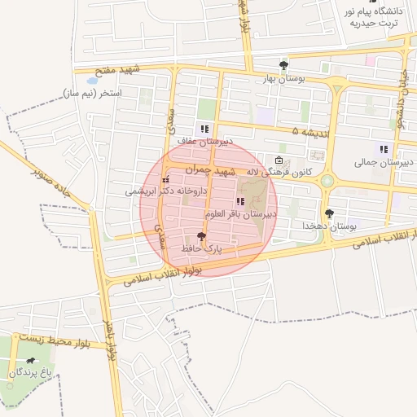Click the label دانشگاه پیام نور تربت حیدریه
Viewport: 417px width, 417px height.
click(375, 17)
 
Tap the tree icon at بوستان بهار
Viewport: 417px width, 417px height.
click(283, 65)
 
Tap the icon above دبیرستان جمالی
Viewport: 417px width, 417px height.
click(382, 149)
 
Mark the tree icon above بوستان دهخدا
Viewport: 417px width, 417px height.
click(329, 213)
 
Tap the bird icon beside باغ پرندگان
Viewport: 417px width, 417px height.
click(31, 360)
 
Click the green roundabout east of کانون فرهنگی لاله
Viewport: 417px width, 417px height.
click(327, 181)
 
